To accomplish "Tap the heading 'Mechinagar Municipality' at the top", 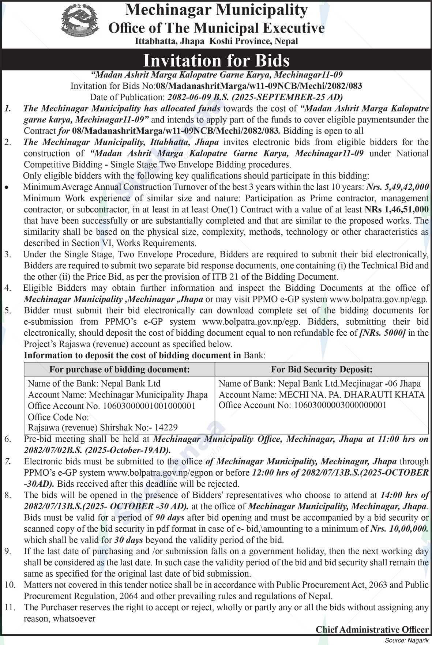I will tap(216, 10).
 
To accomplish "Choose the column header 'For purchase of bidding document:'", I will tap(120, 369).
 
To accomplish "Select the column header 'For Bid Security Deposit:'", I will tap(322, 369).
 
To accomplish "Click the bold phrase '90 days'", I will tap(170, 517).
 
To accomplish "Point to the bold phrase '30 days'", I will tap(128, 540).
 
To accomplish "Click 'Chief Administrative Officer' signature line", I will tap(372, 630).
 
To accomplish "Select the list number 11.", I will tap(10, 607).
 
